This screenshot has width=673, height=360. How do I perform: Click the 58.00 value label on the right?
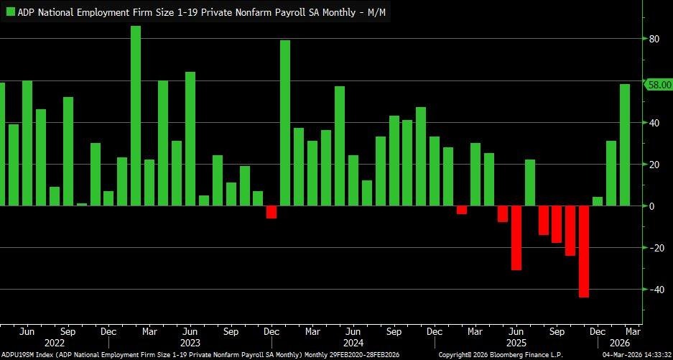(659, 85)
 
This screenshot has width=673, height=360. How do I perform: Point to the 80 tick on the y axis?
(654, 40)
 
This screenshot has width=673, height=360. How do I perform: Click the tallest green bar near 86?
(136, 115)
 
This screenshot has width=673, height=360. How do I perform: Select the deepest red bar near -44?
(584, 251)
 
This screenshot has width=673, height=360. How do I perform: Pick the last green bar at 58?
(625, 144)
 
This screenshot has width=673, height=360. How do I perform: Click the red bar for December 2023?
(271, 212)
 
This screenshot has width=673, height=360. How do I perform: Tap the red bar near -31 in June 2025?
(516, 238)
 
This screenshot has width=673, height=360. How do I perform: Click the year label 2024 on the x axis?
(353, 343)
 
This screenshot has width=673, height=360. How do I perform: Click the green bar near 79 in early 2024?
(285, 123)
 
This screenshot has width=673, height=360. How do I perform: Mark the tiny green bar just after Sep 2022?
(81, 204)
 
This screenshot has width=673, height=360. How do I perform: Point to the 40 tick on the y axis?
(654, 123)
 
